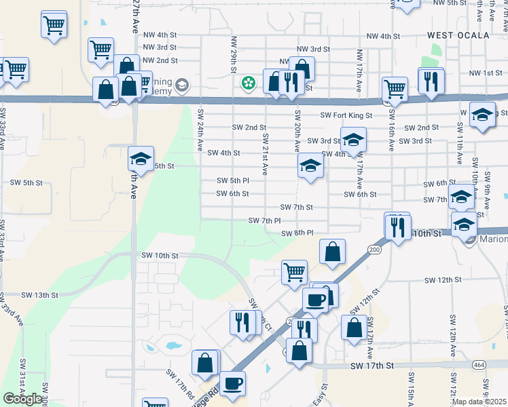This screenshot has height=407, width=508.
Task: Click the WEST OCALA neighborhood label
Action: [x=458, y=35]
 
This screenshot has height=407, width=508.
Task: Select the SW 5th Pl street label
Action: [x=233, y=180]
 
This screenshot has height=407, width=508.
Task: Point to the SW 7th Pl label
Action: [x=264, y=220]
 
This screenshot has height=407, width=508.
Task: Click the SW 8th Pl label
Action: [x=297, y=233]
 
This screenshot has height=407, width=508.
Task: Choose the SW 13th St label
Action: [x=40, y=295]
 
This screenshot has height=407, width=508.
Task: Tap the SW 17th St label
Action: [x=372, y=366]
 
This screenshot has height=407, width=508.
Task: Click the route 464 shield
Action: [x=479, y=365]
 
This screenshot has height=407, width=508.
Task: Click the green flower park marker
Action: [x=249, y=83]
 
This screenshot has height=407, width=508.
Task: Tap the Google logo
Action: [x=22, y=399]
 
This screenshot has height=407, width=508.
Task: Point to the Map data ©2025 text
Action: [x=479, y=402]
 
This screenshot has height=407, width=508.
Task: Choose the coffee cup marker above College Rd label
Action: [x=232, y=383]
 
